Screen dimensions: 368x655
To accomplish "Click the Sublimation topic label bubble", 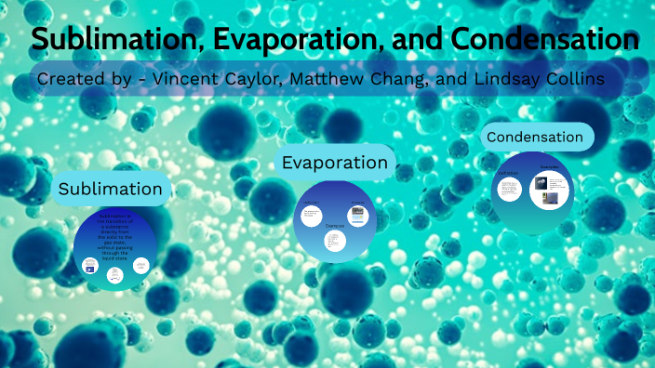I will click(111, 189).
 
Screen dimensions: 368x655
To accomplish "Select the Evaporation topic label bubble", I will click(335, 163).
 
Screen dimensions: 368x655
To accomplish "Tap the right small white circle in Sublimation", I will click(140, 267).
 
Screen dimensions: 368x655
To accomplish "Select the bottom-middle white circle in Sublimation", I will click(114, 275).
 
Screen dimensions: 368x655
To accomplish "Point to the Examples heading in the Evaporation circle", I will click(335, 226).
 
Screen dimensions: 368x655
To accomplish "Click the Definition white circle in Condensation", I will click(509, 190).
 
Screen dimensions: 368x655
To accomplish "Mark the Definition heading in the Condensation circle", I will click(508, 174).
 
